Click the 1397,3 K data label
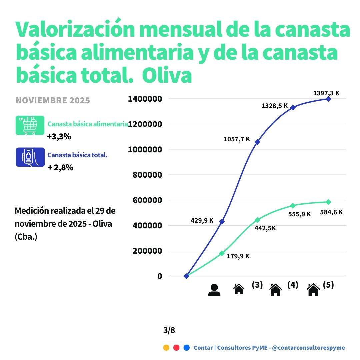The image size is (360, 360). pyautogui.click(x=326, y=93)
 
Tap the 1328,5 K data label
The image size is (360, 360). pyautogui.click(x=274, y=106)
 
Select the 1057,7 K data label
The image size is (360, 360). pyautogui.click(x=237, y=139)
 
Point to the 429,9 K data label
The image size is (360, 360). pyautogui.click(x=202, y=220)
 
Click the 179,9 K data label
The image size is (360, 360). pyautogui.click(x=238, y=256)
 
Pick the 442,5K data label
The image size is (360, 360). pyautogui.click(x=265, y=228)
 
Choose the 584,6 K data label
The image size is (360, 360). pyautogui.click(x=331, y=212)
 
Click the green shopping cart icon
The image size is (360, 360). pyautogui.click(x=30, y=125)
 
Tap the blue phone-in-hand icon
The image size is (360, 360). pyautogui.click(x=30, y=157)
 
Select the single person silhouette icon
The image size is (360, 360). pyautogui.click(x=214, y=290)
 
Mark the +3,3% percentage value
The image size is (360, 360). pyautogui.click(x=59, y=137)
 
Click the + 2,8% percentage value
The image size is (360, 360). pyautogui.click(x=60, y=168)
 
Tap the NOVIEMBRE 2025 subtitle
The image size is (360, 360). pyautogui.click(x=53, y=100)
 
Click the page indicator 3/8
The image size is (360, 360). pyautogui.click(x=169, y=330)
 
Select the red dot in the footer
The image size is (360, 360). pyautogui.click(x=176, y=348)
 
